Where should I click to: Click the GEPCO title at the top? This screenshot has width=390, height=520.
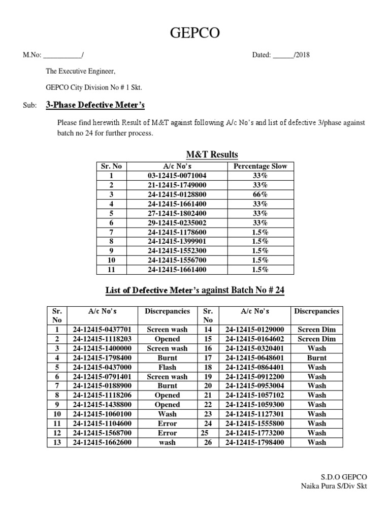tap(195, 34)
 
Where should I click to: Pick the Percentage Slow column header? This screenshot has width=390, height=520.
tap(260, 166)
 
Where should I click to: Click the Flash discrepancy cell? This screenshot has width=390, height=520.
tap(167, 367)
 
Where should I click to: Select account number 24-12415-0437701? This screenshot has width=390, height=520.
tap(102, 330)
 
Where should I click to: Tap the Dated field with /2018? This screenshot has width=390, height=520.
tap(281, 55)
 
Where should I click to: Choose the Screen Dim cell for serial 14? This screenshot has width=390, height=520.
tap(316, 330)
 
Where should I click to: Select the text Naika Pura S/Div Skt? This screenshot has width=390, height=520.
tap(333, 486)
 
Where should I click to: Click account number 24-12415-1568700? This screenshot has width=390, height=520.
tap(102, 433)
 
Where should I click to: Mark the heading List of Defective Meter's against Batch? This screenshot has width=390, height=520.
tap(195, 290)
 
